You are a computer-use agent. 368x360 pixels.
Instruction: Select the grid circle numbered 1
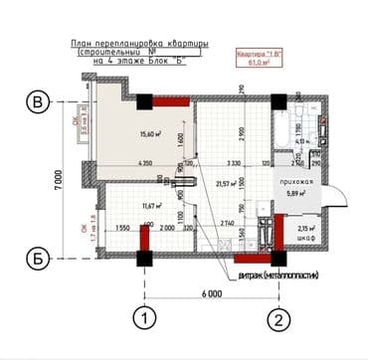[x=145, y=320]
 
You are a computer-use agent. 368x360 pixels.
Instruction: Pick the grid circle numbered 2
[x=280, y=320]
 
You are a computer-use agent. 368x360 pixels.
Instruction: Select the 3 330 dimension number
[x=235, y=163]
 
